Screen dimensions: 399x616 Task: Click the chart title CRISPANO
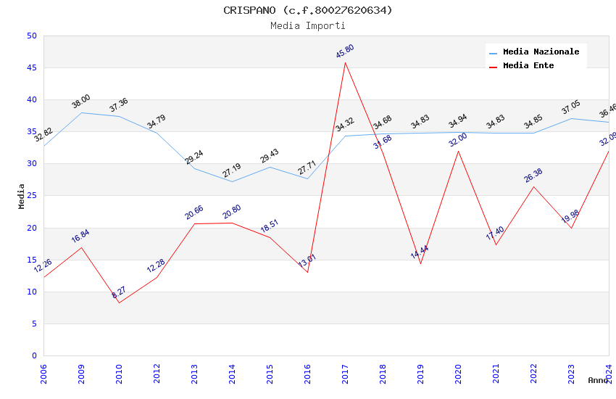(307, 10)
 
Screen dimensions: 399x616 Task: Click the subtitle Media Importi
(307, 26)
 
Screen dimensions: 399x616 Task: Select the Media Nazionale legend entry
(541, 52)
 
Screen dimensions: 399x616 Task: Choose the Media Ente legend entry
(528, 66)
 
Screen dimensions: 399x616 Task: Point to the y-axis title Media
(22, 196)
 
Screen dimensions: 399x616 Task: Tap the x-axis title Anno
(598, 380)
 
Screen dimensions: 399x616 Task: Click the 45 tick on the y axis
(31, 68)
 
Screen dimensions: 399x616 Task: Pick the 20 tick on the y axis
(31, 228)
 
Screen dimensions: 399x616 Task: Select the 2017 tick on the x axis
(346, 374)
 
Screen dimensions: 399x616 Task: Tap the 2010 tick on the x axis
(120, 374)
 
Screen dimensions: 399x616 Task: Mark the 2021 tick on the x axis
(496, 374)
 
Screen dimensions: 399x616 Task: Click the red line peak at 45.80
(345, 62)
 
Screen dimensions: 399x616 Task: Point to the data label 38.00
(81, 102)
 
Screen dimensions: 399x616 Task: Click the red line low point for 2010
(119, 303)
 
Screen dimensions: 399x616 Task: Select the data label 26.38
(533, 176)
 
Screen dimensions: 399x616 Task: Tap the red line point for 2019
(420, 263)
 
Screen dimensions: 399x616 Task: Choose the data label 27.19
(232, 170)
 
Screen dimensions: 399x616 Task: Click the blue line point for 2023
(571, 118)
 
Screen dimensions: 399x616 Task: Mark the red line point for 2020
(458, 151)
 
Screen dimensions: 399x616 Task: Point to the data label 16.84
(80, 236)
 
